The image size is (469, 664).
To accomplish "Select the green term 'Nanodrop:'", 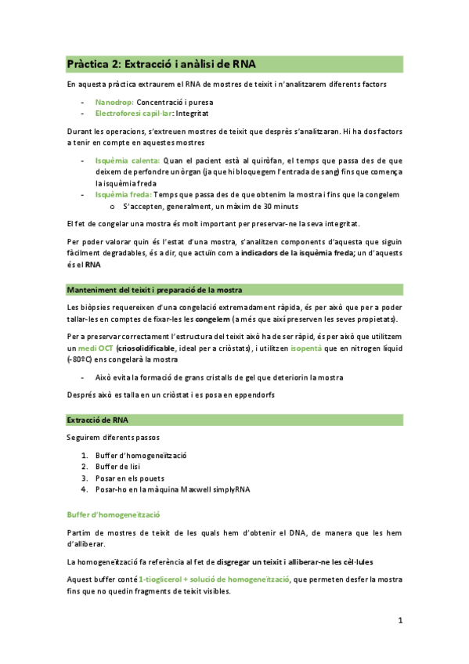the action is pyautogui.click(x=115, y=102).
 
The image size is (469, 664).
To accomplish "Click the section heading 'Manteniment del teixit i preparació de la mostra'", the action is pyautogui.click(x=154, y=289).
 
